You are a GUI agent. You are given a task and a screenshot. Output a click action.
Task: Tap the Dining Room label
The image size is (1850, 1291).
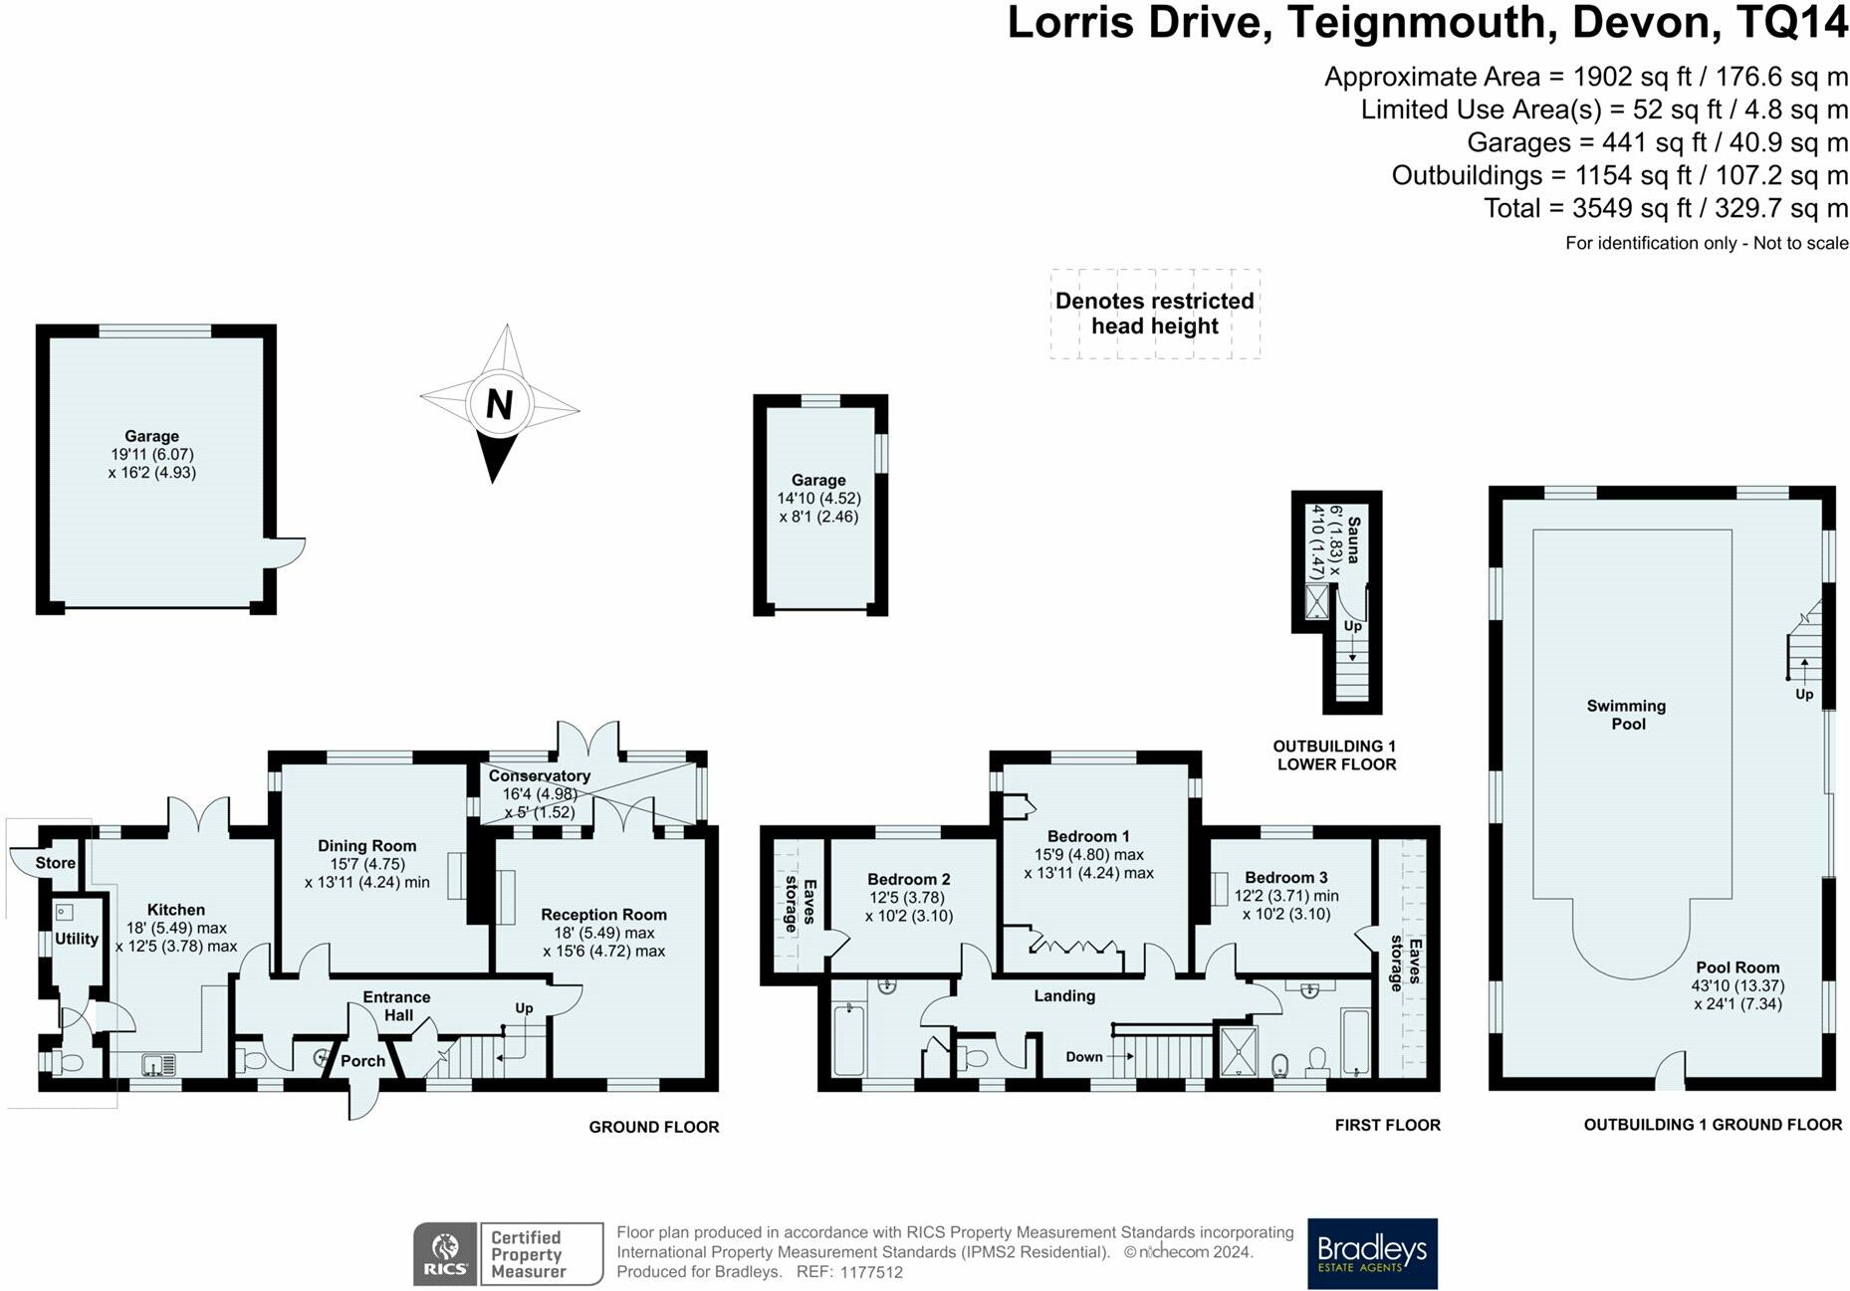tap(366, 846)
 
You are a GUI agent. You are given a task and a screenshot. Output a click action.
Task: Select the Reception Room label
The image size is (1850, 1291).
tap(603, 915)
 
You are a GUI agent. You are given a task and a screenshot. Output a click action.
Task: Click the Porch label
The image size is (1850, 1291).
tap(362, 1061)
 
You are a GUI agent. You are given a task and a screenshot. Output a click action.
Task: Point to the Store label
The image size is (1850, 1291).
tap(55, 863)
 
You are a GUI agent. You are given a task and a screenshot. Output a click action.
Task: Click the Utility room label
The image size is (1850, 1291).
tap(77, 939)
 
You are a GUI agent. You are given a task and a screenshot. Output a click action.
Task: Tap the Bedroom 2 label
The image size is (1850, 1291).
tap(908, 879)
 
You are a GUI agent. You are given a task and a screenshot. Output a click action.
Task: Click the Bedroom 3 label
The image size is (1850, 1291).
tap(1285, 877)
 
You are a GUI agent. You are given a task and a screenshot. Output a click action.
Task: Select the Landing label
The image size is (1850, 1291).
tap(1063, 995)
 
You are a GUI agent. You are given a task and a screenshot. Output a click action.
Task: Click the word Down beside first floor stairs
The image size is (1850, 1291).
tap(1084, 1057)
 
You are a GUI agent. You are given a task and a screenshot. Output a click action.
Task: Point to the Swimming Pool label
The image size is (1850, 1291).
tap(1626, 715)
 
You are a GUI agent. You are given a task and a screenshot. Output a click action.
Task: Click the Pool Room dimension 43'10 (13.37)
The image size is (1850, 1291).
tap(1737, 985)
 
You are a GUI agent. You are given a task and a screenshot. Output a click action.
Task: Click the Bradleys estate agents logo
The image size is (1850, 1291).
tap(1371, 1253)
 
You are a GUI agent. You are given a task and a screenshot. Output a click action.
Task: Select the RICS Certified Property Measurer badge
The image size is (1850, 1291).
tap(508, 1254)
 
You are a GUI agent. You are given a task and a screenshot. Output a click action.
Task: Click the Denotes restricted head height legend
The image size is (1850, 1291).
tap(1154, 314)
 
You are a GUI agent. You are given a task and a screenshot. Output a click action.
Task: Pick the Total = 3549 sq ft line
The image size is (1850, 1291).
tap(1665, 208)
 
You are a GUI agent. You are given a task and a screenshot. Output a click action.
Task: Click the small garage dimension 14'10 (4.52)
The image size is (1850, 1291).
tap(818, 499)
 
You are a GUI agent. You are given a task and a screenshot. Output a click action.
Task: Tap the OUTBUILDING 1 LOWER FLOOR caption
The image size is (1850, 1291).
tap(1335, 755)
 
